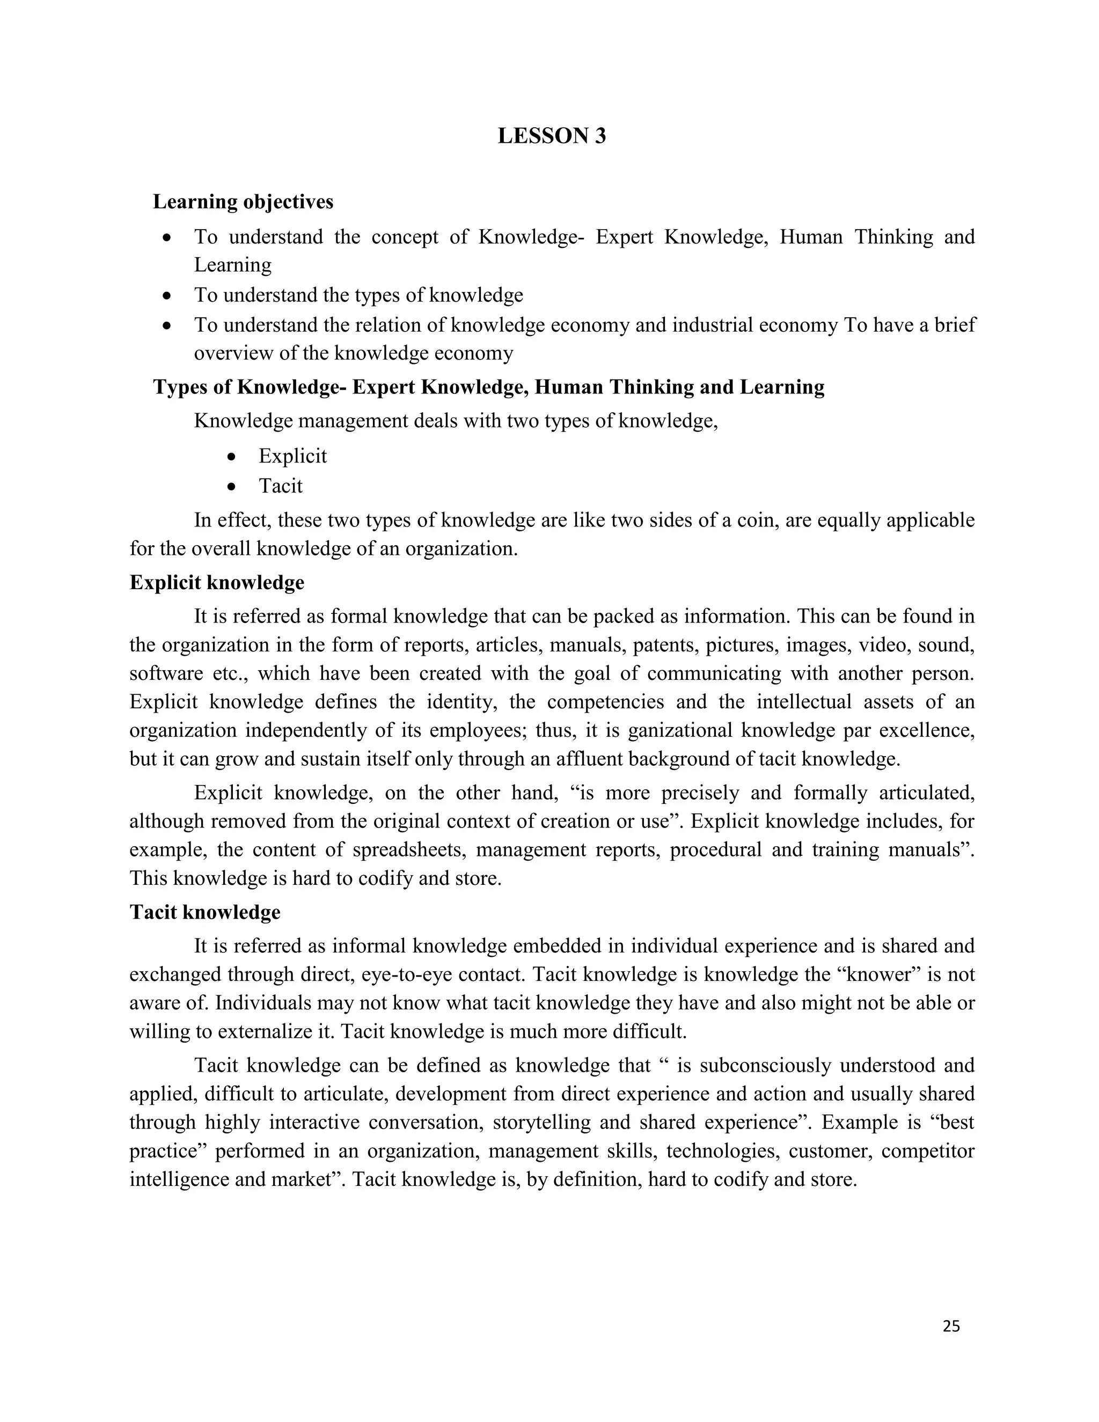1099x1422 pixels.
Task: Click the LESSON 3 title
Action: [x=552, y=136]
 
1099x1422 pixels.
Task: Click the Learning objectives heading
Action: [x=243, y=202]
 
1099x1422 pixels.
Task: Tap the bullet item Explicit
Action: [x=292, y=456]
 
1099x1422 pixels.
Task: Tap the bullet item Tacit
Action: [x=281, y=486]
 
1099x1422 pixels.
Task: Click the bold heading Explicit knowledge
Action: [x=217, y=582]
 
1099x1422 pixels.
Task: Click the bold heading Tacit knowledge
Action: [x=205, y=912]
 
